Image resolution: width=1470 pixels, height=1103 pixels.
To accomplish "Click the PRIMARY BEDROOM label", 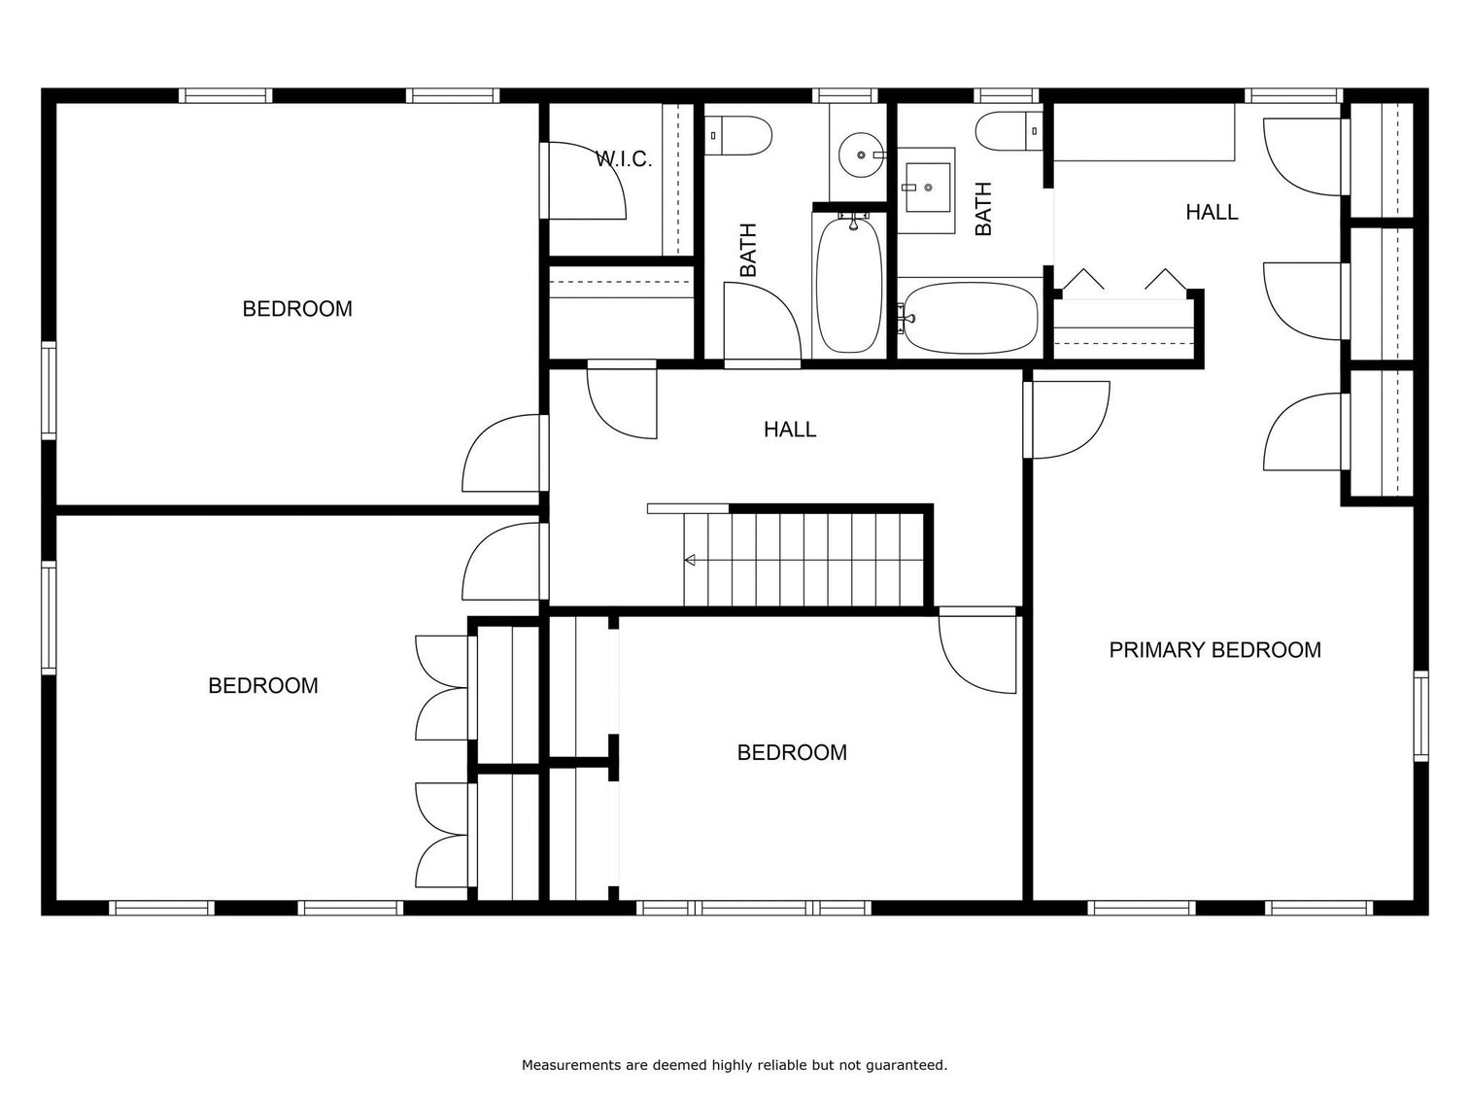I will (1214, 650).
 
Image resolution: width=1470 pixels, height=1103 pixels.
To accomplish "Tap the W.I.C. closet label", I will (623, 159).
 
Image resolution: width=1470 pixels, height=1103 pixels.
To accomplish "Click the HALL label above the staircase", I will (789, 430).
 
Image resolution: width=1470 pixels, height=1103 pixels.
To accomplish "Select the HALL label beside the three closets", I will (1212, 212).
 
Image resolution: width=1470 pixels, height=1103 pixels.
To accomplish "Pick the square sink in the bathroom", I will (925, 182).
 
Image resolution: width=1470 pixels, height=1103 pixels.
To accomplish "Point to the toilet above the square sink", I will (1008, 130).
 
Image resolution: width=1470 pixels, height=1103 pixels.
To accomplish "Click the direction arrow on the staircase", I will (691, 560).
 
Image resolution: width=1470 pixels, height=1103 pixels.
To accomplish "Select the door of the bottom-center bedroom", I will (977, 650).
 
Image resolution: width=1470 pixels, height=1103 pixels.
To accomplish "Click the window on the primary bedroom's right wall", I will (1420, 716).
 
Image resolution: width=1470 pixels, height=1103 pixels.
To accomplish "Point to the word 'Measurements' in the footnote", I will (571, 1065).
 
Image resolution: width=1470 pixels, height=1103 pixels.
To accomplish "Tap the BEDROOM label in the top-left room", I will (297, 309).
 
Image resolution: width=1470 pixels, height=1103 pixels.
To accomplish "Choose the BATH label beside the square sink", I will (983, 209).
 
